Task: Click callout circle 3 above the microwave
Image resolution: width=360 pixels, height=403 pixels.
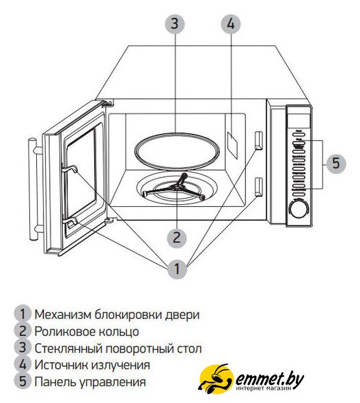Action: point(175,23)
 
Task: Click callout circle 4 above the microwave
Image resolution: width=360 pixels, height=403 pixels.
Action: point(231,24)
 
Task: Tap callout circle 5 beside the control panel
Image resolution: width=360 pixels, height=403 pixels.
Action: point(336,163)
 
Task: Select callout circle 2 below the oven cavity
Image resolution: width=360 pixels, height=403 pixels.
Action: point(177,237)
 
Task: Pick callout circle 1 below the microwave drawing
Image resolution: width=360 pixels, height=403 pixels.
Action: point(177,268)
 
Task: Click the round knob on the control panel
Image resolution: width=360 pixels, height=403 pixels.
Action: point(298,209)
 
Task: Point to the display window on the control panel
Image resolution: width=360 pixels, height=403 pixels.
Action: point(299,120)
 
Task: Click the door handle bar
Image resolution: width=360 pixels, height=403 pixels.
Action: point(33,189)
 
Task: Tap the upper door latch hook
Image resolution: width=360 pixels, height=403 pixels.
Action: point(70,168)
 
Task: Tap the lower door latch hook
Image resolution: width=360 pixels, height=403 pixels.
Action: point(70,221)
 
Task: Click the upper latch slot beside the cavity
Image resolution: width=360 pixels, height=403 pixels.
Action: point(258,140)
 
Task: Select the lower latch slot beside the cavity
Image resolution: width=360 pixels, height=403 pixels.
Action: point(258,186)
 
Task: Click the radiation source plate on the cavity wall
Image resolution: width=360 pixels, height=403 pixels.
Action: point(232,145)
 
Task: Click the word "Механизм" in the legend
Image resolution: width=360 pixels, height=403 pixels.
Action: point(63,314)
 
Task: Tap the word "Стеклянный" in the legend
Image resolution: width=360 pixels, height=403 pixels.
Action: point(69,348)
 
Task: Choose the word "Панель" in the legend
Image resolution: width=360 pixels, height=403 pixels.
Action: point(55,382)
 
